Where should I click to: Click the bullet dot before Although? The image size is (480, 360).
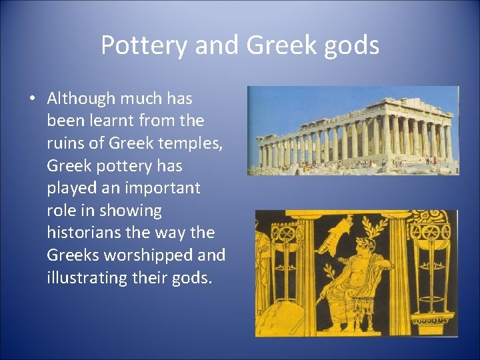click(32, 99)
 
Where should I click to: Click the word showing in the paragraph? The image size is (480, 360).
click(131, 211)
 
